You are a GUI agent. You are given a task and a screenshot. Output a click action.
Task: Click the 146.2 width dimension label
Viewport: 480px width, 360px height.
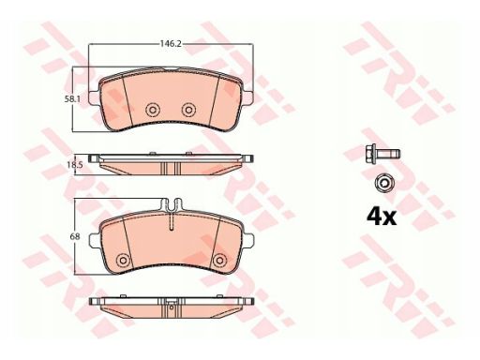point(171,44)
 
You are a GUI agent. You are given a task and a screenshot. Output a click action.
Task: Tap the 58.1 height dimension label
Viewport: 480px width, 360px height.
point(72,99)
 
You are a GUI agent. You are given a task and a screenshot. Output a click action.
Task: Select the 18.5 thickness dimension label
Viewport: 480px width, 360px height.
point(75,165)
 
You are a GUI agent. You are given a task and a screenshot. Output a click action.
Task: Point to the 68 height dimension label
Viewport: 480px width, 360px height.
point(75,237)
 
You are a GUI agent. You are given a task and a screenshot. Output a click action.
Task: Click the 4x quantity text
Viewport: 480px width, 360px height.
point(382,217)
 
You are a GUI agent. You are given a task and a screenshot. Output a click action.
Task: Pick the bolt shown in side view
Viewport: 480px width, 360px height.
point(382,154)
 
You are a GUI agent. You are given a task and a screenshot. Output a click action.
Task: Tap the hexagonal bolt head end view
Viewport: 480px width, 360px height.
point(384,183)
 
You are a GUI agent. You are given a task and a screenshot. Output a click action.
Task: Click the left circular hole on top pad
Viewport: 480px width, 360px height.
point(153,110)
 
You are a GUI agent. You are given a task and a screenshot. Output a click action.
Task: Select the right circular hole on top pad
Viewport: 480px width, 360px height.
point(188,110)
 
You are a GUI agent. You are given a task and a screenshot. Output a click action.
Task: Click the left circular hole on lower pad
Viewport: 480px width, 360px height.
point(123,260)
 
